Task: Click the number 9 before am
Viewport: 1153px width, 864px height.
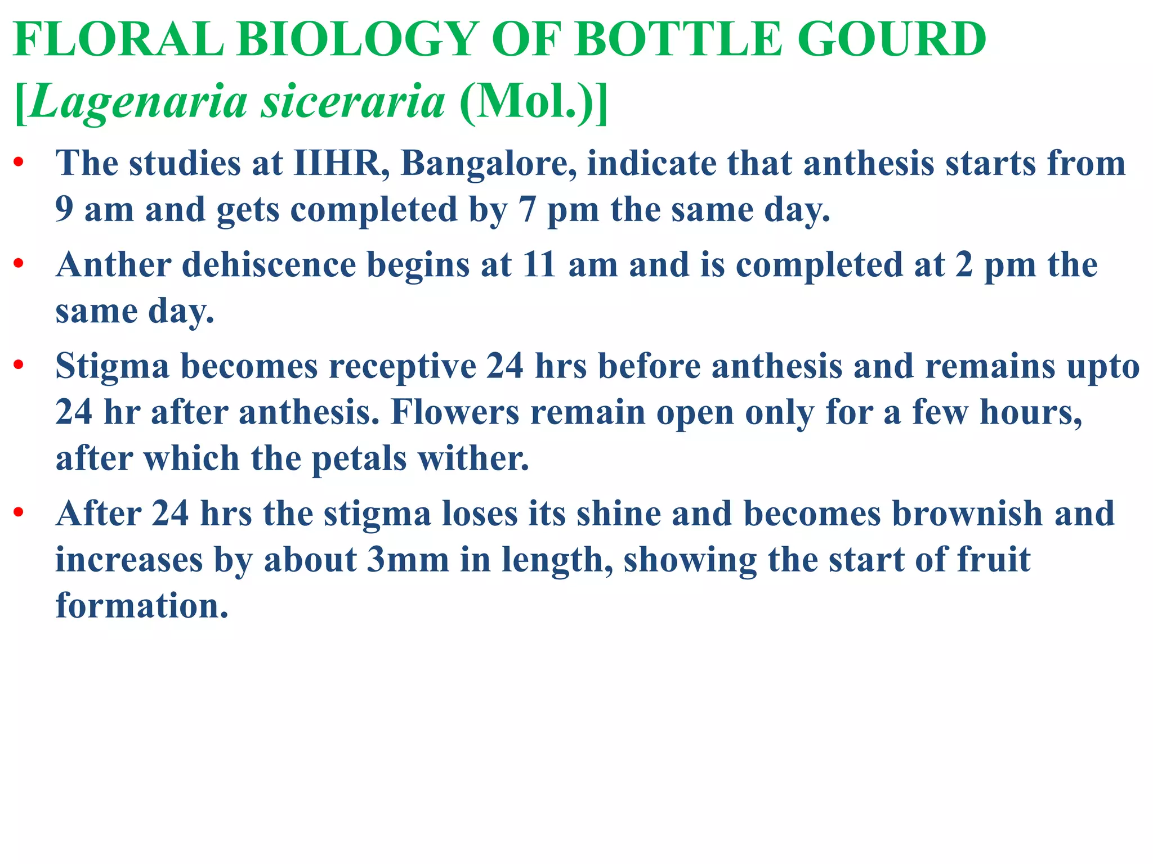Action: pos(64,210)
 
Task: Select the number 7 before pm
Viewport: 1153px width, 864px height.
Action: pos(527,210)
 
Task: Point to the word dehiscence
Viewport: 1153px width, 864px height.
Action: pos(269,265)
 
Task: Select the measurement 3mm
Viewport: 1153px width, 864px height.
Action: pos(408,560)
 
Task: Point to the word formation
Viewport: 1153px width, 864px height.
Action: pos(142,606)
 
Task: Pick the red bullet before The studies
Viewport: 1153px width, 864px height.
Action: pos(19,163)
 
